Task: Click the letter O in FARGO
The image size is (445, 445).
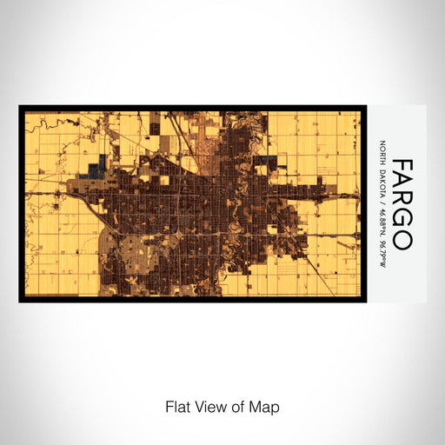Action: coord(402,242)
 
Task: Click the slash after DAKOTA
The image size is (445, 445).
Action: coord(383,203)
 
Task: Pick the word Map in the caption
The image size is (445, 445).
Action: coord(262,406)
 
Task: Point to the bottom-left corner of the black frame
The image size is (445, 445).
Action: coord(20,301)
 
